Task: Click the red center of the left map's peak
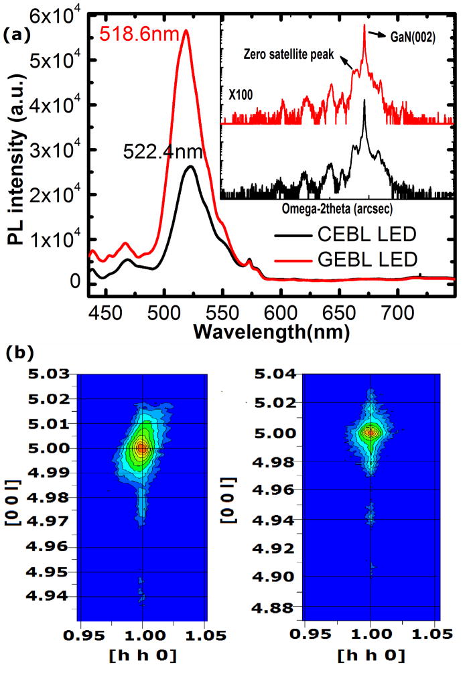click(141, 448)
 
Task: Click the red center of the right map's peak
click(370, 433)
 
